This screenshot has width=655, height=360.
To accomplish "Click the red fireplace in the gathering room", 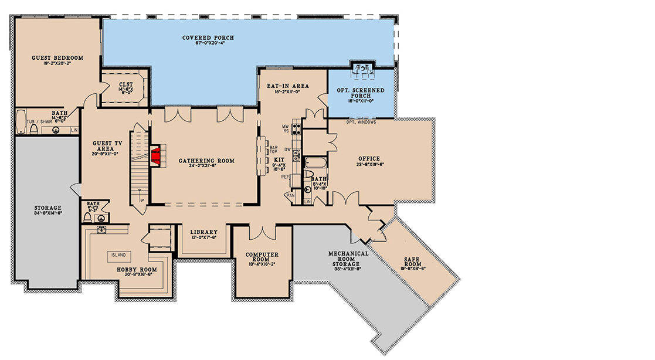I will [156, 155].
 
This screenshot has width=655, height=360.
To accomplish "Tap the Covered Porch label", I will [208, 38].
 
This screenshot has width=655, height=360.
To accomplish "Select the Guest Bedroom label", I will [57, 58].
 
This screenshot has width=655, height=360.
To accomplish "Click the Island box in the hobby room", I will [119, 256].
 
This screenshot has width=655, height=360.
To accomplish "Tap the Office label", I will [369, 159].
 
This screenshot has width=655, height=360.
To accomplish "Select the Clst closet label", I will [125, 84].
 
